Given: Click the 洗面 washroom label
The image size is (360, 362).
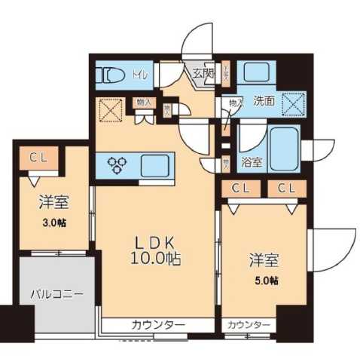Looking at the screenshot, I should pos(263,100).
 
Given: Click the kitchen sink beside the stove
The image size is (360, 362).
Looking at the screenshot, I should pos(154,164).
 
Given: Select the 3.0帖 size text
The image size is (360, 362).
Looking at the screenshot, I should pos(55,222).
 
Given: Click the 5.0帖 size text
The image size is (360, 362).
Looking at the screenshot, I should pos(265,281).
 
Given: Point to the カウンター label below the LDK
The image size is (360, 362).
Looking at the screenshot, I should pos(158,325).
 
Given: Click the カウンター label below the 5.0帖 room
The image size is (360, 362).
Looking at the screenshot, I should pos(248,325).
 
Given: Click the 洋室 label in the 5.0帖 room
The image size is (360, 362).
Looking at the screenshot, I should pos(265,262).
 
